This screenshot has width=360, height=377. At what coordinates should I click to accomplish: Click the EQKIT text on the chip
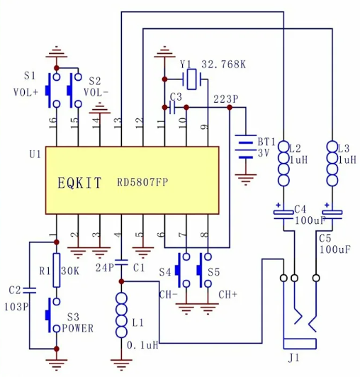(79, 183)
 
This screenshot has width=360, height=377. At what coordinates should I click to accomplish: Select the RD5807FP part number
(142, 182)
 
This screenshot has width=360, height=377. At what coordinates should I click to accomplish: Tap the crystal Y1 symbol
(191, 79)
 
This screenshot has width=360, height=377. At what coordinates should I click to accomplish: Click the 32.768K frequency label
(224, 64)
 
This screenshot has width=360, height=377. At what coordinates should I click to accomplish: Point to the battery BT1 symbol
(245, 147)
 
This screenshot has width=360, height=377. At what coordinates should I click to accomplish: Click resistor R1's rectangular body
(57, 270)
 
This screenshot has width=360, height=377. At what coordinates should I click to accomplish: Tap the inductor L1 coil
(121, 315)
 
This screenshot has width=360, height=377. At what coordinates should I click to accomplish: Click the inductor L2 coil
(283, 164)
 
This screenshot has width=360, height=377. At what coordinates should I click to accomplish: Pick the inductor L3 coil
(332, 164)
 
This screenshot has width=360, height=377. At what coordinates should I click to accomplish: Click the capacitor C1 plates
(121, 262)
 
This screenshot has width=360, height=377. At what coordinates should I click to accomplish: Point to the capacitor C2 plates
(29, 291)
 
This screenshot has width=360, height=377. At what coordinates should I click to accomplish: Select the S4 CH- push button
(183, 270)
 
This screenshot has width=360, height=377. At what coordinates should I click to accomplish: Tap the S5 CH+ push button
(204, 270)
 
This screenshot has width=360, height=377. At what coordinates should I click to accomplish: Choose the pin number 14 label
(96, 123)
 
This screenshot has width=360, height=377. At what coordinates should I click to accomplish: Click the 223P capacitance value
(226, 99)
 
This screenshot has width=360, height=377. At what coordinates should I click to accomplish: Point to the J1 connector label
(293, 358)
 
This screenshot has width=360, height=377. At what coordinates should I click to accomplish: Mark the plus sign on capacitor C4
(279, 205)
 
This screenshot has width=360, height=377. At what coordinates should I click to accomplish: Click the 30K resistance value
(70, 271)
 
